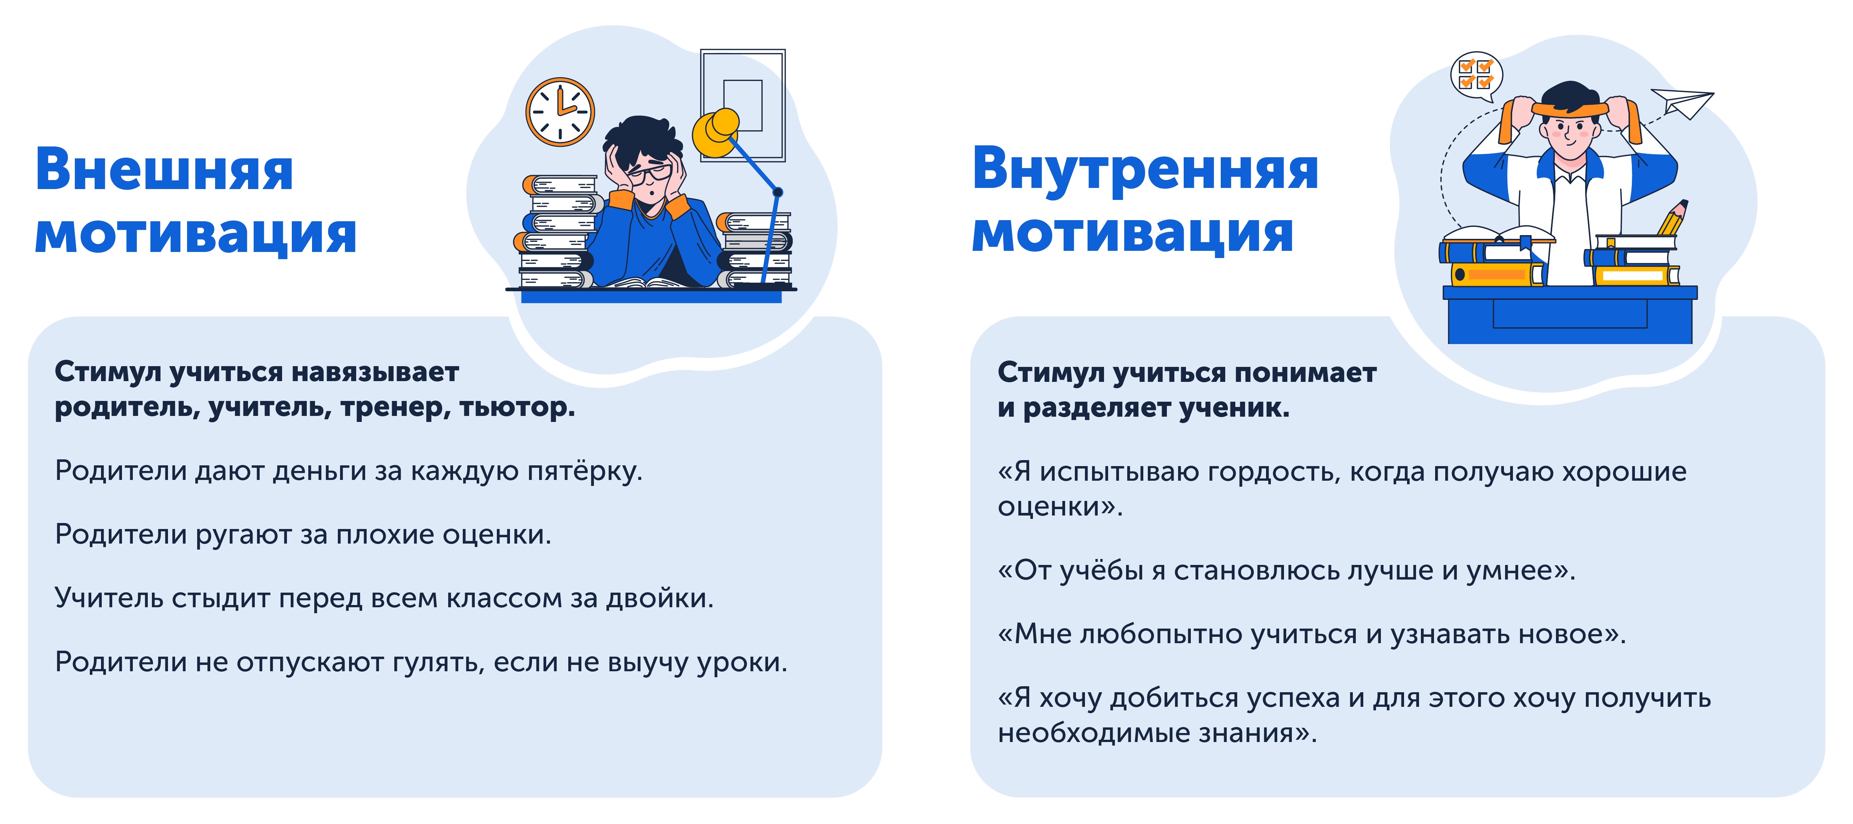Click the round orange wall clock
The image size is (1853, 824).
point(560,112)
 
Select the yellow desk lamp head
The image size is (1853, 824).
point(716,133)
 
